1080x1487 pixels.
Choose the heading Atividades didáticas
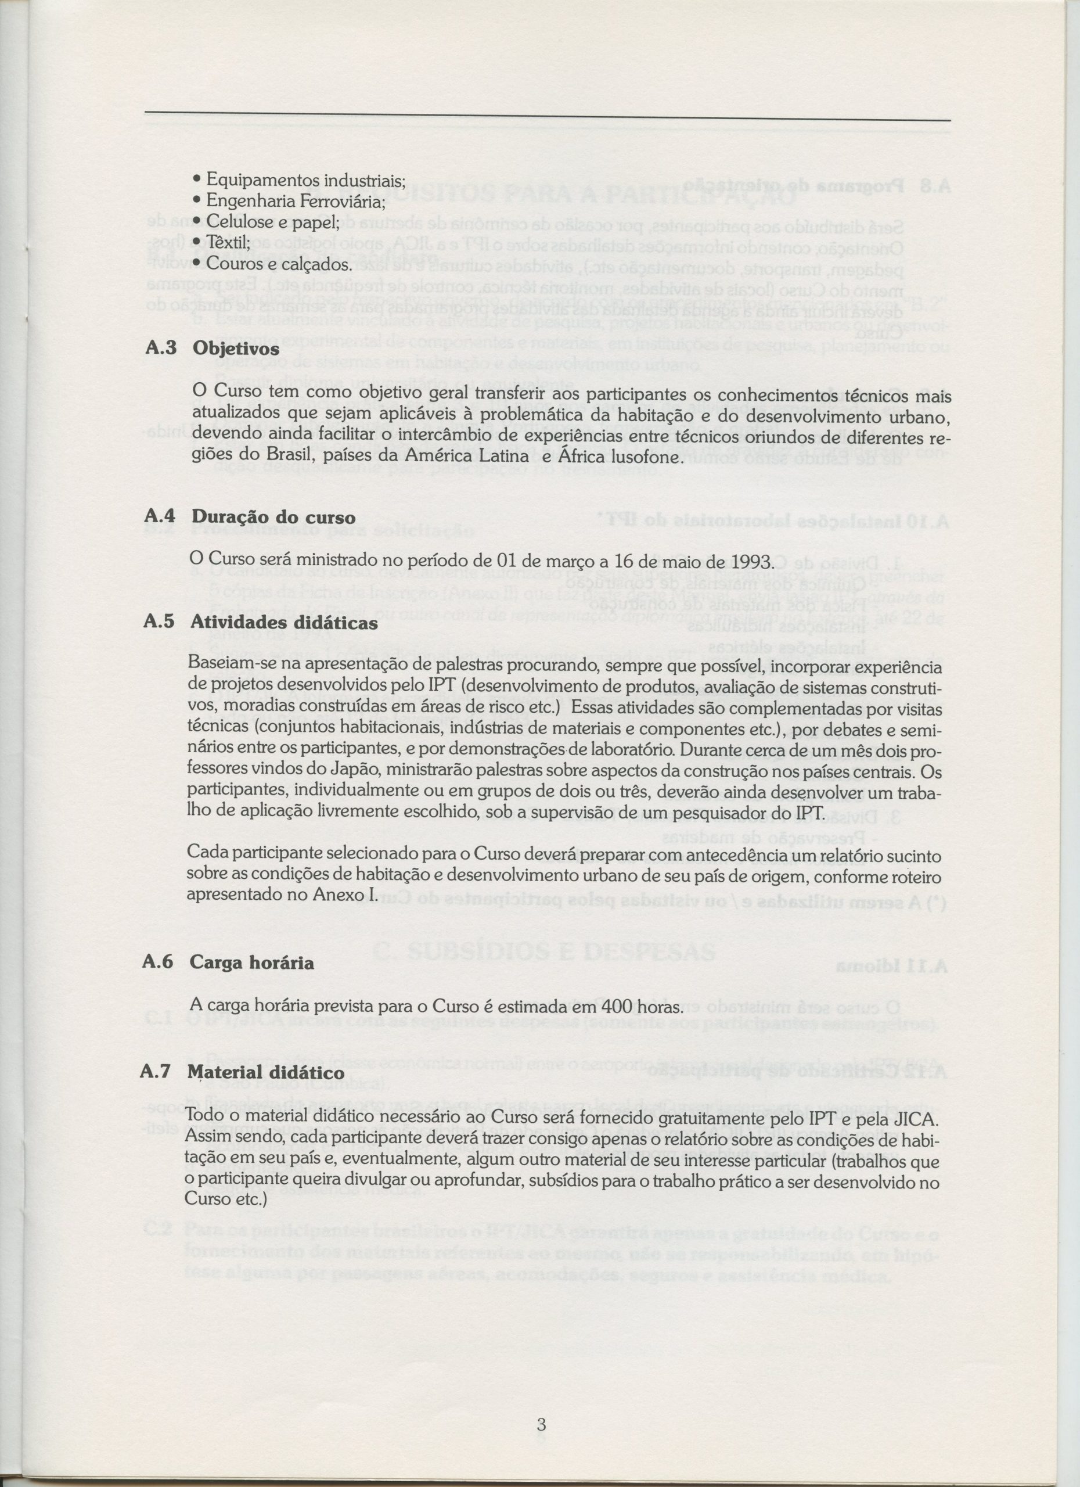[284, 622]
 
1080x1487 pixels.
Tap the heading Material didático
[265, 1073]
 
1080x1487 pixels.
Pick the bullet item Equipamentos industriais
[305, 179]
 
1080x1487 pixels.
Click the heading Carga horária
[251, 963]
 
